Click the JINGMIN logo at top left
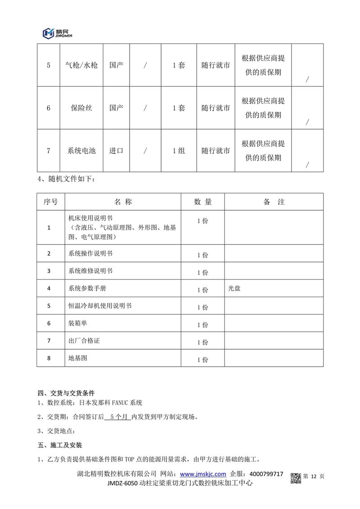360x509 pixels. pos(57,33)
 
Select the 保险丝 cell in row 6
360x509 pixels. pos(81,108)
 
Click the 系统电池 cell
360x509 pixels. pos(81,151)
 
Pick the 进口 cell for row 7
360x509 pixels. pos(116,151)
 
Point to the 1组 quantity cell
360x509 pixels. pos(179,151)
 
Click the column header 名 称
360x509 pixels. pos(123,202)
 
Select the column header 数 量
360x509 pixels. pos(202,202)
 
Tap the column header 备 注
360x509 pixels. pos(274,202)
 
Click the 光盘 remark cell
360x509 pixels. pos(234,288)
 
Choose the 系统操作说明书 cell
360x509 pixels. pos(90,253)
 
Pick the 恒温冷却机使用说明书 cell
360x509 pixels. pos(99,306)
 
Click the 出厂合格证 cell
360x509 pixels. pos(84,341)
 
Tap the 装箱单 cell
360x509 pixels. pos(78,323)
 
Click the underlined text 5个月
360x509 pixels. pos(117,417)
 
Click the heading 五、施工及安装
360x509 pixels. pos(59,446)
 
